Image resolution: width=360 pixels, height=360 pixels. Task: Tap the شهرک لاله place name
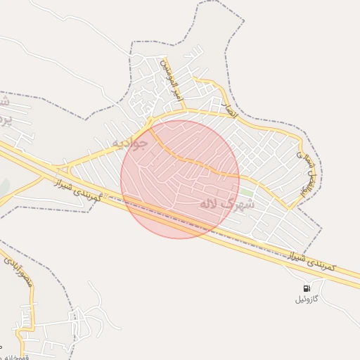pos(225,202)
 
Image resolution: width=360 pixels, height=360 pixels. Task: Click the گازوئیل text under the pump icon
pos(307,300)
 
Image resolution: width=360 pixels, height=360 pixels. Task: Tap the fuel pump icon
pos(307,288)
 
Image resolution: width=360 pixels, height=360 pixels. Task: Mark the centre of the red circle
pos(180,179)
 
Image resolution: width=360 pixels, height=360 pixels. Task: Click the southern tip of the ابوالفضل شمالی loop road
pos(288,208)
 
